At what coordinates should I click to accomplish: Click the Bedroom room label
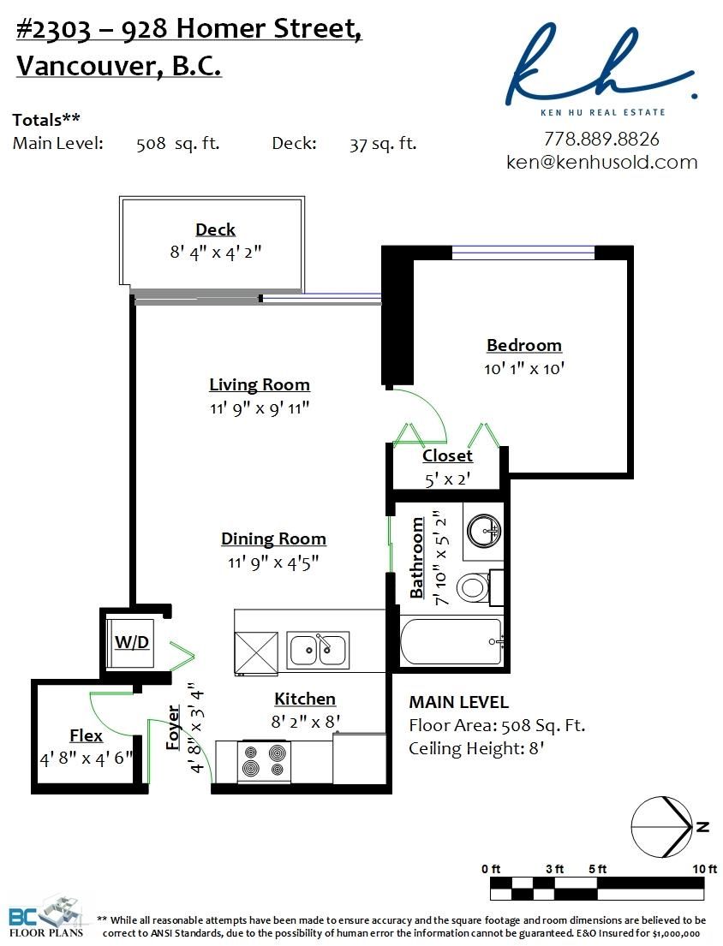(524, 345)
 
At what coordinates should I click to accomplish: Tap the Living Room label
(260, 385)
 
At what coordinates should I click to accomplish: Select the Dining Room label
(273, 538)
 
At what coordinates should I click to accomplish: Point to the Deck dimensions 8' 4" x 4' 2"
(216, 252)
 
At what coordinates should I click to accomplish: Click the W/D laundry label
(132, 642)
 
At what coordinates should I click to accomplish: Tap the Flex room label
(86, 735)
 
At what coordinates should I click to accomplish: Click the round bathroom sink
(485, 530)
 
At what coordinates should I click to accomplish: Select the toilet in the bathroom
(479, 587)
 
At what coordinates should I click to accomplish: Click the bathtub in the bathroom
(451, 641)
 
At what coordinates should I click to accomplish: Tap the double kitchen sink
(318, 650)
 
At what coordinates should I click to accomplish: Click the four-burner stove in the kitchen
(265, 761)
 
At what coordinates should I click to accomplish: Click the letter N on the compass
(702, 826)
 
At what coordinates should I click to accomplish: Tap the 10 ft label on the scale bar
(705, 869)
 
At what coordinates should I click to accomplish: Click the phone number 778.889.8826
(601, 139)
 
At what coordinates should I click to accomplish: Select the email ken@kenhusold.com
(601, 162)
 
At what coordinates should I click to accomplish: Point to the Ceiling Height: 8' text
(476, 749)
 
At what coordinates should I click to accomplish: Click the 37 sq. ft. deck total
(383, 144)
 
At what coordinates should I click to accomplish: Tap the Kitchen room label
(305, 699)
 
